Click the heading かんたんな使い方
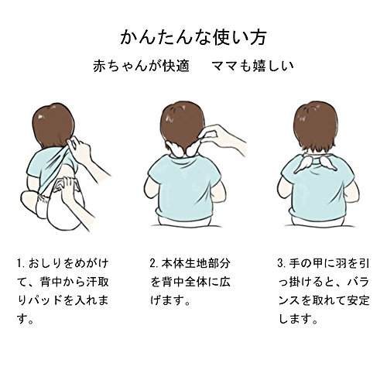[x=193, y=38]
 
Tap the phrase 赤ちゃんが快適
[x=142, y=66]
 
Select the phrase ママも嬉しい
[x=252, y=66]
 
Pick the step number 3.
[x=281, y=263]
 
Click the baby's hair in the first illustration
[x=53, y=125]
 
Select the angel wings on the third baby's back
[x=316, y=165]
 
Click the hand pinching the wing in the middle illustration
[x=222, y=138]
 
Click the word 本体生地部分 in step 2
[x=196, y=263]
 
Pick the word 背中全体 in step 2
[x=184, y=282]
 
